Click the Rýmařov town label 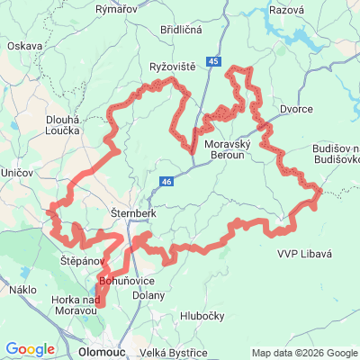coord(114,7)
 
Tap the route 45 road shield coord(212,61)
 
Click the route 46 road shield coord(168,182)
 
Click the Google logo coord(31,349)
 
